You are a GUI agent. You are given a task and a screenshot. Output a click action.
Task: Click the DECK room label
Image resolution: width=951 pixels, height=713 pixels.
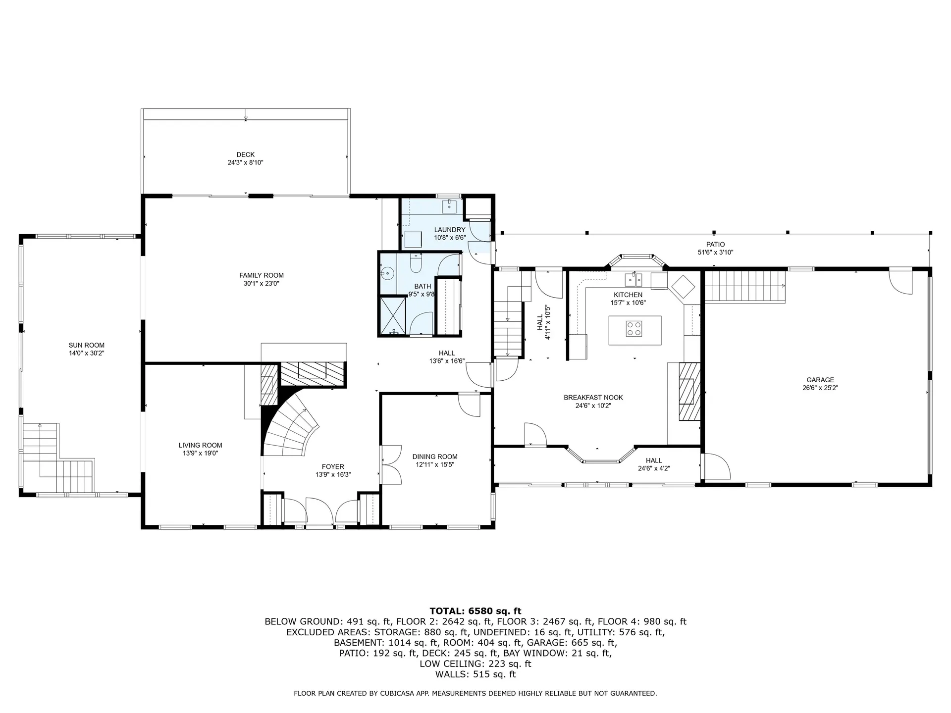[245, 154]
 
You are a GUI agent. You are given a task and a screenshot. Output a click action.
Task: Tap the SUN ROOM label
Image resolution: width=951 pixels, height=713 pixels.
[86, 345]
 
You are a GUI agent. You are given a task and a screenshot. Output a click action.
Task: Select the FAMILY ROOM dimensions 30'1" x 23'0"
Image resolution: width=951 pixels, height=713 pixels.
[262, 284]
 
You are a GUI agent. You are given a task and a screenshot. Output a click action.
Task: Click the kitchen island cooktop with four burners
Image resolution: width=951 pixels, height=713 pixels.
[634, 328]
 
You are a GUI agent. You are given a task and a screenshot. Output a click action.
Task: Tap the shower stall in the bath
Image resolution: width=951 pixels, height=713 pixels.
[393, 315]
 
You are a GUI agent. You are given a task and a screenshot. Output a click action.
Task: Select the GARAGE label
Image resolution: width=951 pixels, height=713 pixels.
[820, 380]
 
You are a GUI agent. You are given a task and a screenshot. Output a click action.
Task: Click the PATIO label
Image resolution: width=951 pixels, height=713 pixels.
[715, 244]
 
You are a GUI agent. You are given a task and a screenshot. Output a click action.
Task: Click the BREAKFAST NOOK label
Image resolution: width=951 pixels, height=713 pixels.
[593, 397]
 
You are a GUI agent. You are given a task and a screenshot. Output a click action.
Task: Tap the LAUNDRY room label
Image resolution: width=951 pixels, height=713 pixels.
[449, 230]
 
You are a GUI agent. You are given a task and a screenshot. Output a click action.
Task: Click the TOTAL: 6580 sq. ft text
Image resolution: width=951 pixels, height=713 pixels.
[475, 611]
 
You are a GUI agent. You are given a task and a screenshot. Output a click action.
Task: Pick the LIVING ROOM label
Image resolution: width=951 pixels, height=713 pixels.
[200, 445]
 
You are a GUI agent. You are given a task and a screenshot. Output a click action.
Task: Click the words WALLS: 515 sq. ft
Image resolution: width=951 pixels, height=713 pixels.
[475, 674]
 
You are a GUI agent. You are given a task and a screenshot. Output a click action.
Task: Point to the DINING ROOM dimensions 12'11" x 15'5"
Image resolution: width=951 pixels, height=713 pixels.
[434, 464]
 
